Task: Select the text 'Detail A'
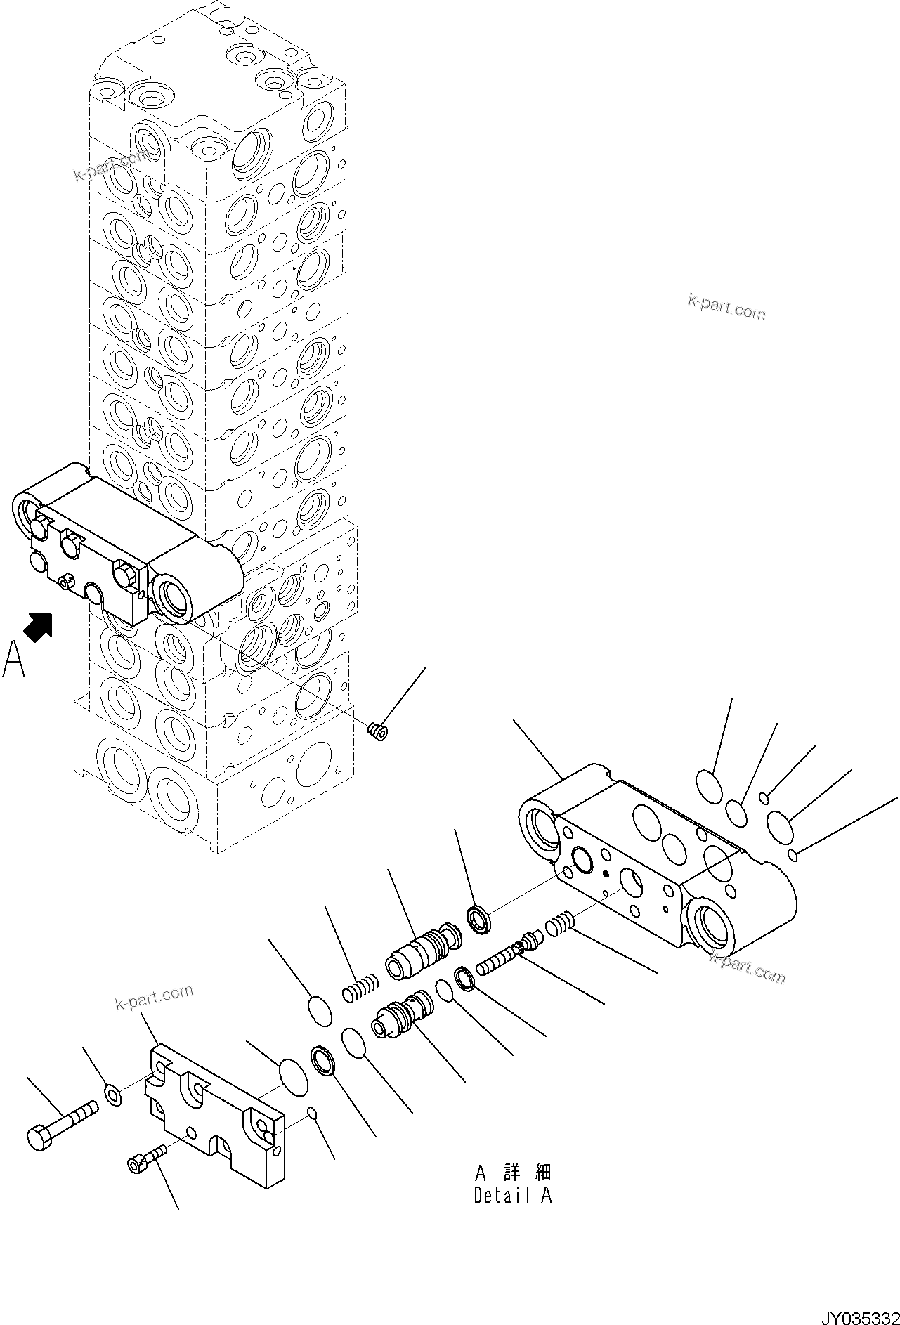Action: click(x=513, y=1195)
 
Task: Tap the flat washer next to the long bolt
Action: click(x=112, y=1094)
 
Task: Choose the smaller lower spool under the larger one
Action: click(x=403, y=1012)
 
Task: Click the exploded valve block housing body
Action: click(x=657, y=859)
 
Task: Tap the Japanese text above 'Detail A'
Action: click(x=513, y=1172)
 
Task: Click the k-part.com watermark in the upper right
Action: click(x=726, y=307)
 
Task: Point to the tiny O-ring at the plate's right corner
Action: click(x=312, y=1132)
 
